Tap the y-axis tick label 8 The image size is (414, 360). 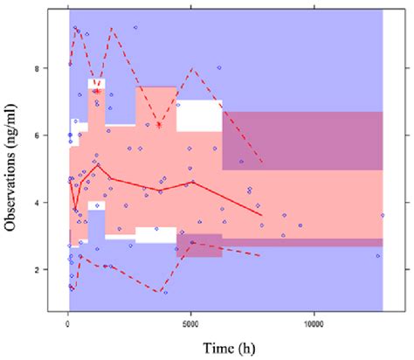click(x=49, y=67)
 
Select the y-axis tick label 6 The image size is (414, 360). click(x=49, y=135)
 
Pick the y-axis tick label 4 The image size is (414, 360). click(x=49, y=203)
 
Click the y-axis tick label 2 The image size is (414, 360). click(x=49, y=270)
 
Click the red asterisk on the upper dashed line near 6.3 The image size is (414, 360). click(x=159, y=125)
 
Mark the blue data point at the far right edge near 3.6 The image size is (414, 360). click(x=382, y=215)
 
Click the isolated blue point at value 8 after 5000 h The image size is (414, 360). click(x=219, y=67)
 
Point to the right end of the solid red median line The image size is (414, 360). click(x=261, y=215)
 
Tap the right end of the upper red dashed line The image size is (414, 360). click(x=261, y=163)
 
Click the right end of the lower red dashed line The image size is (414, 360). click(x=261, y=255)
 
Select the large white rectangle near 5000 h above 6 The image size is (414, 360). click(x=199, y=116)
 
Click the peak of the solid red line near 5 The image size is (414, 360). click(x=99, y=164)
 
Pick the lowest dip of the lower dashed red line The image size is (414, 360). click(x=159, y=293)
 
